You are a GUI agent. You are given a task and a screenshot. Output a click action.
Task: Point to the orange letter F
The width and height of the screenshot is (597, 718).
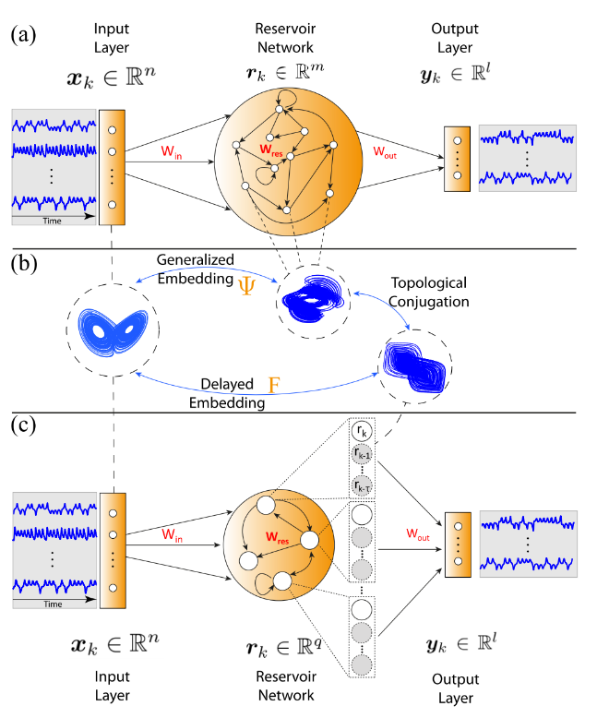(x=273, y=381)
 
